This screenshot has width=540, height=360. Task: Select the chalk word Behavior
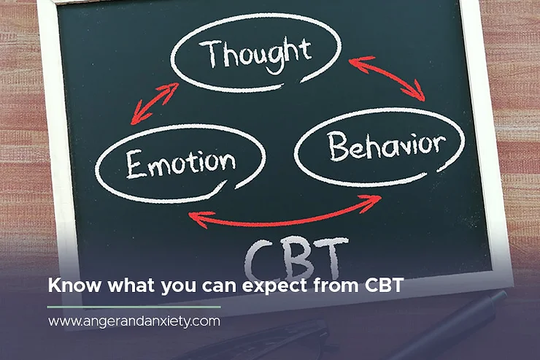coord(385,146)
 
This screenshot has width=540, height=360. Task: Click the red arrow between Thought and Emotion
coord(155,103)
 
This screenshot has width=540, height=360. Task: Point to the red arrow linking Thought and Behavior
coord(387,78)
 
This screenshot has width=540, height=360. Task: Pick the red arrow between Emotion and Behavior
coord(284,212)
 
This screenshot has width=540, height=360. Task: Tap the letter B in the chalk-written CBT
coord(297,256)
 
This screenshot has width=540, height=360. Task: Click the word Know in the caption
coord(68,286)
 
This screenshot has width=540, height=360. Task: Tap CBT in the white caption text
coord(382,286)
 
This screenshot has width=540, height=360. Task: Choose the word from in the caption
coord(335,286)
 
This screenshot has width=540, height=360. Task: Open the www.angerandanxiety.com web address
coord(134,321)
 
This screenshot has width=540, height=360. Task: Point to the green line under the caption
coord(134,307)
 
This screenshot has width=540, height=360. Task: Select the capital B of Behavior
coord(336,147)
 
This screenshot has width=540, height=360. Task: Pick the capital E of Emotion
coord(133,164)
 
